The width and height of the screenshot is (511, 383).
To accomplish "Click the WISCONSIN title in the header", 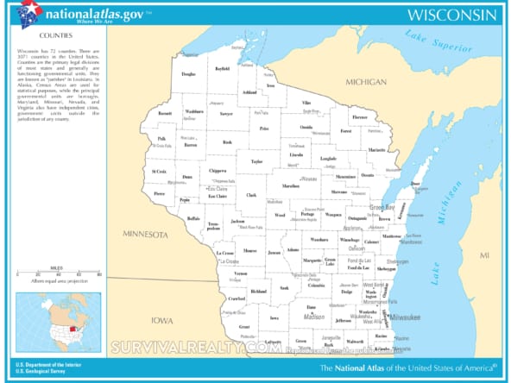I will click(451, 15).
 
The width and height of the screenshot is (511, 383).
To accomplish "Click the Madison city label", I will click(313, 317).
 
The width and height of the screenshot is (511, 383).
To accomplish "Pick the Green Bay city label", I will click(382, 207).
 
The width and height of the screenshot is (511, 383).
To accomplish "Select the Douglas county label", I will click(188, 74).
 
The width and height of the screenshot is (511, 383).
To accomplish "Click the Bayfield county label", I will click(223, 67).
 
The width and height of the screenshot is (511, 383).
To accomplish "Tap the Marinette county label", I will click(376, 149).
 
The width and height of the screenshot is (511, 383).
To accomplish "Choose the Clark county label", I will click(251, 195).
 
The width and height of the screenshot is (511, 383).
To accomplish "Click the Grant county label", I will click(244, 327).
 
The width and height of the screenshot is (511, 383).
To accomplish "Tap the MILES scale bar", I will click(58, 273).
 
